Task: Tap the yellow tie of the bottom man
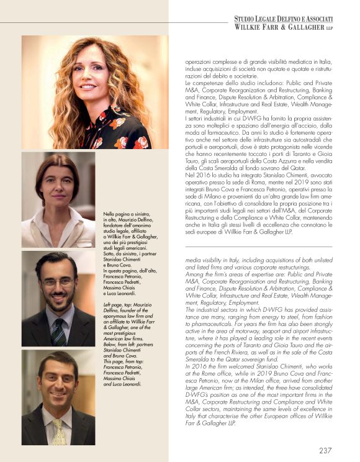[60, 431]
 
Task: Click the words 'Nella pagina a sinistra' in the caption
[127, 215]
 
